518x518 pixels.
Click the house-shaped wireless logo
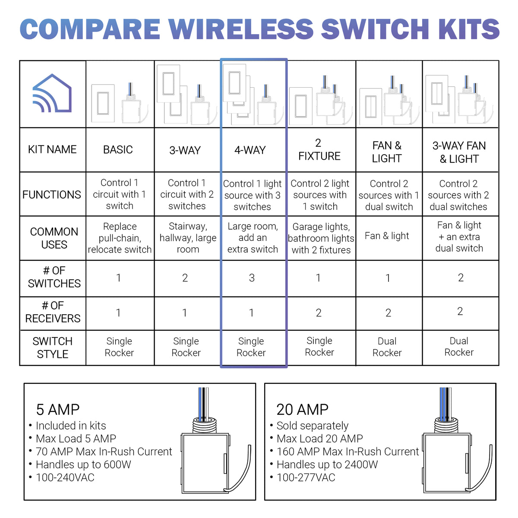point(52,94)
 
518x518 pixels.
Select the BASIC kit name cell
point(118,150)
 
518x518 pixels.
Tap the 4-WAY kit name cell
point(250,150)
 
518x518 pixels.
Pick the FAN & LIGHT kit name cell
point(387,152)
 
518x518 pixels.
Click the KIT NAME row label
point(52,150)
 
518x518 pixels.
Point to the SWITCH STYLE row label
point(53,347)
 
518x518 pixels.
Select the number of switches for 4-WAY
point(252,278)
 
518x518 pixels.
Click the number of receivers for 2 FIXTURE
point(319,313)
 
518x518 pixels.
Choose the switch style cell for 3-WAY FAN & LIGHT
point(459,347)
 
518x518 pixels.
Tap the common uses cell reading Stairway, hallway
point(187,238)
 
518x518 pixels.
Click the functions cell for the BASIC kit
point(120,194)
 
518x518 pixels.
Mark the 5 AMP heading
point(58,409)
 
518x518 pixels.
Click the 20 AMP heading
point(302,409)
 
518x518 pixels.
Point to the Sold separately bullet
point(312,426)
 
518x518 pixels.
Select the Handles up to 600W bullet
point(83,464)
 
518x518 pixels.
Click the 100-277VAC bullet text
point(306,477)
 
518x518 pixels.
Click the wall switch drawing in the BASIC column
point(103,104)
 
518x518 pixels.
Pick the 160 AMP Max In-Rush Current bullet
point(347,452)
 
